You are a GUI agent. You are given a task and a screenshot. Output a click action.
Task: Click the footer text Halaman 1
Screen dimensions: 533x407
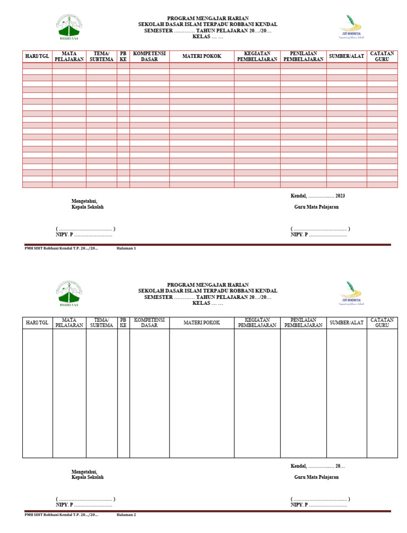(x=126, y=248)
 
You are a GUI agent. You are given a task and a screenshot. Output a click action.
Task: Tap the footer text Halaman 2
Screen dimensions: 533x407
(x=126, y=514)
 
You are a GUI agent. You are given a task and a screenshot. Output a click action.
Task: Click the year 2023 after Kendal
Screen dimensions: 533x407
(x=340, y=196)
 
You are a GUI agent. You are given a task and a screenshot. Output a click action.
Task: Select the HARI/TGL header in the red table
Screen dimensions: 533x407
(x=37, y=56)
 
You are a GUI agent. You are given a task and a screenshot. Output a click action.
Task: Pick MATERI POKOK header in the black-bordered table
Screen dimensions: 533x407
(x=201, y=322)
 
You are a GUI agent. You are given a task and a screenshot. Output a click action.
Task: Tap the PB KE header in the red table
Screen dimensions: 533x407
(x=123, y=56)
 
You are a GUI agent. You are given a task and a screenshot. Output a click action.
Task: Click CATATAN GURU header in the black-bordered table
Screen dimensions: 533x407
(x=382, y=322)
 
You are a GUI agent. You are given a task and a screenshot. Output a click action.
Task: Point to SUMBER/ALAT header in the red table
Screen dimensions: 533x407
(x=346, y=56)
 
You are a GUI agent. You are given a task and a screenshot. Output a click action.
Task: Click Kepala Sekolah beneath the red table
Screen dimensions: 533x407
(x=87, y=207)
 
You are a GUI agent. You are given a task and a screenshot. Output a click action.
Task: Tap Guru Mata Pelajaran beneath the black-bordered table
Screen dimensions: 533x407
(x=316, y=477)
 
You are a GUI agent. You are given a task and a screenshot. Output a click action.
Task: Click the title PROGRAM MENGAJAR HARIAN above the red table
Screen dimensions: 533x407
(x=208, y=18)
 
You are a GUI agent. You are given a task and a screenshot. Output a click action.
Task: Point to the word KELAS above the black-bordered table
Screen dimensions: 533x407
(x=201, y=303)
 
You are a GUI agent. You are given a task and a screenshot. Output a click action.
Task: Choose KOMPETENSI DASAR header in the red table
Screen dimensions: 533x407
(x=149, y=56)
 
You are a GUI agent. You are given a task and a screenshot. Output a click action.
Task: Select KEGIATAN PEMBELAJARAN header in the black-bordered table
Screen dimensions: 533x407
(x=257, y=322)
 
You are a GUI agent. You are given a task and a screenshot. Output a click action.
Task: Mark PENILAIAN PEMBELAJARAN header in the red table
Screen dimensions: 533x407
(x=303, y=56)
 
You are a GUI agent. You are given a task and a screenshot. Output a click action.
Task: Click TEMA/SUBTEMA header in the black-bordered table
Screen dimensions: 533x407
(x=101, y=322)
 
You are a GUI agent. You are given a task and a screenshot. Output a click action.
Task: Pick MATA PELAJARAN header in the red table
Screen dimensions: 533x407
(x=69, y=56)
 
